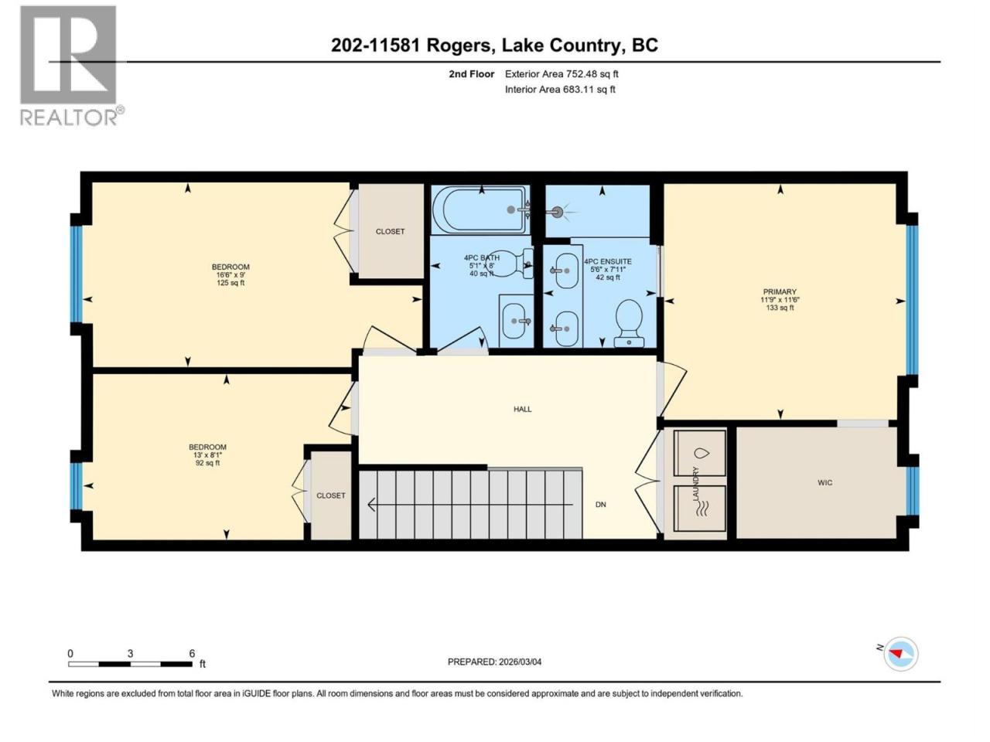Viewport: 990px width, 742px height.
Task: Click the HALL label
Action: point(522,409)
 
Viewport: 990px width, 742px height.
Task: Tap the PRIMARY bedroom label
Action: point(780,291)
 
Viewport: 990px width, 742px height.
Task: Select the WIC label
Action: point(825,482)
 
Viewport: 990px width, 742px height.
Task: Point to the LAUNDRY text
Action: point(695,483)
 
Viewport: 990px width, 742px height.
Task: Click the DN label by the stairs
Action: point(600,505)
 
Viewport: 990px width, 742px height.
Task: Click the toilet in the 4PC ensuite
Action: point(629,323)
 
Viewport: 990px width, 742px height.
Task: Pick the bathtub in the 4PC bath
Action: point(480,210)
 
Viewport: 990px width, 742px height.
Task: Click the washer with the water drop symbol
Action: point(699,452)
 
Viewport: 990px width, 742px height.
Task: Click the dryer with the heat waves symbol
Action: point(699,509)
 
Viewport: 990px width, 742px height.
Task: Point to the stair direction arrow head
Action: point(372,505)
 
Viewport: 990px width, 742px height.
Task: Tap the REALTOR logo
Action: point(70,66)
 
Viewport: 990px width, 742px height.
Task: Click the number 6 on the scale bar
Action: point(192,653)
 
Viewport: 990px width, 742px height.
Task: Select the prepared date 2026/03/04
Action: point(520,662)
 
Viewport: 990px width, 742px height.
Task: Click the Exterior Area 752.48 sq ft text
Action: point(562,74)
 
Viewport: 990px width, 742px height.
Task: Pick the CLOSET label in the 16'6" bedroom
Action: point(390,232)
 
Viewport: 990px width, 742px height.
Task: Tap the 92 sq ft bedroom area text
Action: point(207,463)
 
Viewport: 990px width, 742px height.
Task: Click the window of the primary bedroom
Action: point(912,300)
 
